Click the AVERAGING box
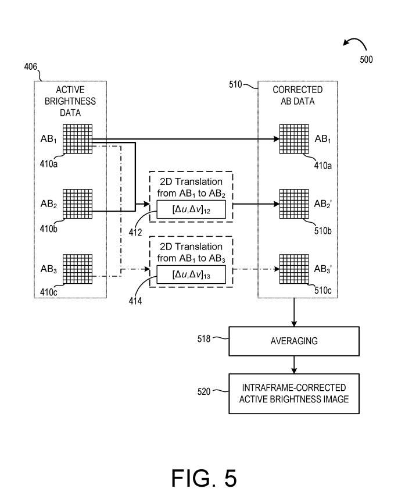[x=294, y=341]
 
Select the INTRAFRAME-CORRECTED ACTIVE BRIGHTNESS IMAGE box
[x=294, y=393]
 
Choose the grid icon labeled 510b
[x=294, y=204]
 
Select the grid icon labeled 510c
[x=294, y=269]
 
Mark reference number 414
[x=135, y=302]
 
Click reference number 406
[x=31, y=67]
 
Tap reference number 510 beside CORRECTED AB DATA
[x=235, y=85]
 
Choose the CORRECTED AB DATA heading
[x=298, y=95]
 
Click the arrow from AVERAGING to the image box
[x=295, y=365]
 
